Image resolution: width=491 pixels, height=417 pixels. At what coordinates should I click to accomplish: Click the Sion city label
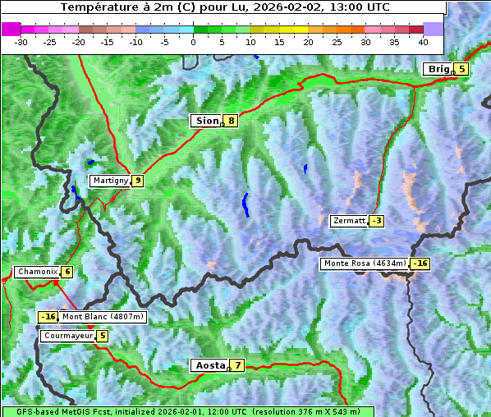[x=207, y=121]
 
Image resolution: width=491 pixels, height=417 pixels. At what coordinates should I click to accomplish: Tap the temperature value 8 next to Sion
[x=232, y=121]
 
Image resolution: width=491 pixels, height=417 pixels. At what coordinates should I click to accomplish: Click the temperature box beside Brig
[x=461, y=69]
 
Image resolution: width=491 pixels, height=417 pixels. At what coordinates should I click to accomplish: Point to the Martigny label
[x=110, y=181]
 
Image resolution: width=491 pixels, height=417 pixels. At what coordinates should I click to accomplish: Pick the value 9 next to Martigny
[x=137, y=181]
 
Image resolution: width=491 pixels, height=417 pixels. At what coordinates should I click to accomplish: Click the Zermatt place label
[x=349, y=221]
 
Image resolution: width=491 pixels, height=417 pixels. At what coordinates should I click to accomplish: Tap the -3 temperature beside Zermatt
[x=376, y=221]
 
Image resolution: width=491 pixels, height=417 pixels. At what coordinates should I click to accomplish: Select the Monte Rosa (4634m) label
[x=365, y=263]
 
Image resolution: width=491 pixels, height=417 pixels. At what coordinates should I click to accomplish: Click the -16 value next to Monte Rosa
[x=420, y=263]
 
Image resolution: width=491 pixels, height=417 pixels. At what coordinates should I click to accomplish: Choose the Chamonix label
[x=36, y=272]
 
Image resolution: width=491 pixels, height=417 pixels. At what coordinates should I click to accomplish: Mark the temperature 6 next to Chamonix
[x=67, y=272]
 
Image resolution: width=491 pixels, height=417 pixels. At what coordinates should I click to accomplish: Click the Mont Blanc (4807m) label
[x=103, y=317]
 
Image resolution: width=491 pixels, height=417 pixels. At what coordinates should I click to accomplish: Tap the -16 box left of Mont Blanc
[x=48, y=317]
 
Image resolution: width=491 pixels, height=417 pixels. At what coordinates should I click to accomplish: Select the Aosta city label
[x=209, y=365]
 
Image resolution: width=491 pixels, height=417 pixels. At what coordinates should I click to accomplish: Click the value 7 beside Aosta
[x=237, y=365]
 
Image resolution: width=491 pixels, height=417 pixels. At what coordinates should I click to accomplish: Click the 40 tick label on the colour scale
[x=423, y=41]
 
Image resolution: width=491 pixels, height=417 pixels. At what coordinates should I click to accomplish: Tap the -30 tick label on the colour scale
[x=21, y=41]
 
